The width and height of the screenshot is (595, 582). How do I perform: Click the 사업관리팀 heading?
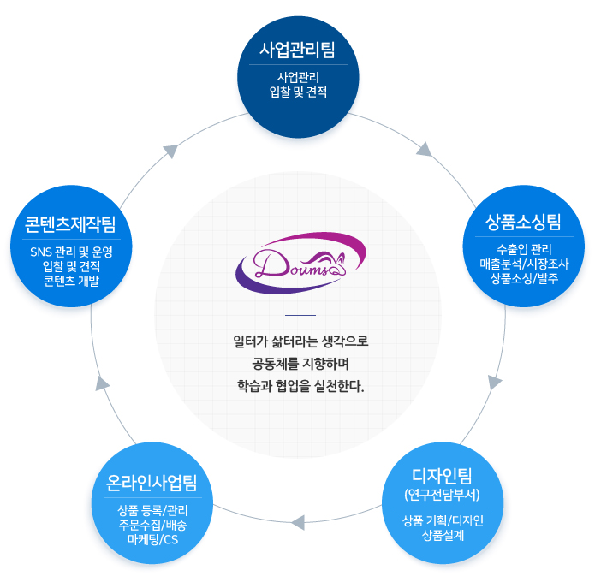(x=298, y=50)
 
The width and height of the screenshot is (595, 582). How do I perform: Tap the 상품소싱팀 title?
(x=524, y=222)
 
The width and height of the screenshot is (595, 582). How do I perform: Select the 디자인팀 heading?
(x=442, y=475)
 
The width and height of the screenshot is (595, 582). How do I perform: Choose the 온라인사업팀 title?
(x=152, y=483)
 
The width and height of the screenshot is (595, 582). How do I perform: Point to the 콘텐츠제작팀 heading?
(x=70, y=224)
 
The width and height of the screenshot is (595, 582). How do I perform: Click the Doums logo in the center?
(x=300, y=263)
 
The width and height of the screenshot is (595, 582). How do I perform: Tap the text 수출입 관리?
(x=524, y=249)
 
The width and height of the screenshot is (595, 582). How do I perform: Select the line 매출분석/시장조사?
(x=524, y=264)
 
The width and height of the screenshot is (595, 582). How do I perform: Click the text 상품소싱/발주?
(x=524, y=278)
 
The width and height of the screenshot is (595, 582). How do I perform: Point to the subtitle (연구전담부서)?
(x=442, y=495)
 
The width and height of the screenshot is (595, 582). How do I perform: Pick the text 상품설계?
(x=443, y=535)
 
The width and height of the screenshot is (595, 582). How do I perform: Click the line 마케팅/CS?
(x=152, y=539)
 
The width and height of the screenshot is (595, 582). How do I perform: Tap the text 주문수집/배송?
(x=152, y=525)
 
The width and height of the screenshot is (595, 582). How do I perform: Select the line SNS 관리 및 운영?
(x=71, y=252)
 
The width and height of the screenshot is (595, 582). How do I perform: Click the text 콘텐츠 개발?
(x=71, y=281)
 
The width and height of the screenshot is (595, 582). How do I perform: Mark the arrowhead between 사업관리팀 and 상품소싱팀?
(x=425, y=150)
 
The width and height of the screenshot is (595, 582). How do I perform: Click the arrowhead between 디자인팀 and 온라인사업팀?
(x=298, y=522)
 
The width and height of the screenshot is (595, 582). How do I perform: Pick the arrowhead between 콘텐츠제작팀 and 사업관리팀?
(x=170, y=151)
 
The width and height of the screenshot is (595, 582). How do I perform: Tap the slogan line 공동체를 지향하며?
(x=300, y=365)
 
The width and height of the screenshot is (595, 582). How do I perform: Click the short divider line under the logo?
(x=300, y=315)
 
